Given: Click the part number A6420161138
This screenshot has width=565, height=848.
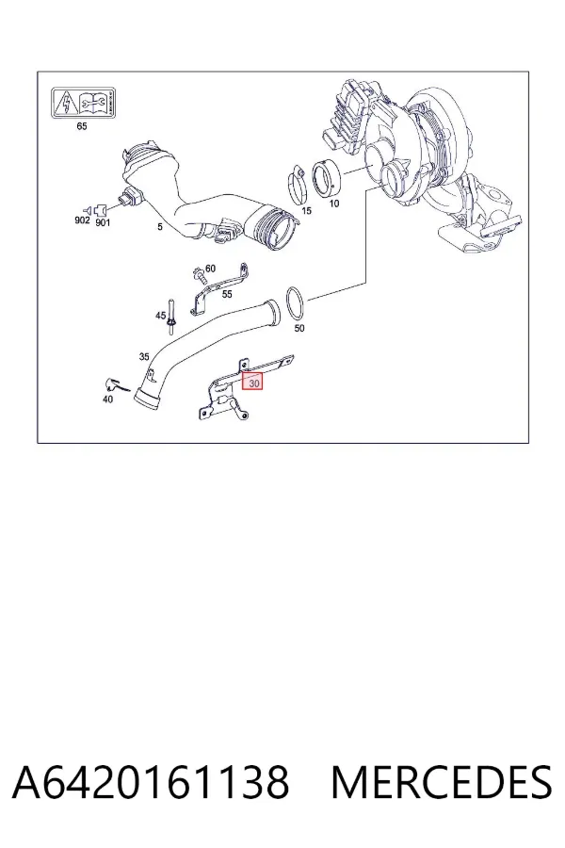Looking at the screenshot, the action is pyautogui.click(x=151, y=782).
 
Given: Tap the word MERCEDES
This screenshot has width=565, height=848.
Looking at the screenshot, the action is pyautogui.click(x=442, y=782).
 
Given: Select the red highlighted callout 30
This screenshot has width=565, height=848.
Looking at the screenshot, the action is pyautogui.click(x=252, y=383).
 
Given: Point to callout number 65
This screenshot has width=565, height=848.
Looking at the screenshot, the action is pyautogui.click(x=82, y=126).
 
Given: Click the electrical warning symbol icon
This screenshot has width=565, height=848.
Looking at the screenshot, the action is pyautogui.click(x=66, y=102).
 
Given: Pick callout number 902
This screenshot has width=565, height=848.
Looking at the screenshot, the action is pyautogui.click(x=82, y=220).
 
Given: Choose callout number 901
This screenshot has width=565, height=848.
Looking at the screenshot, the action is pyautogui.click(x=103, y=222).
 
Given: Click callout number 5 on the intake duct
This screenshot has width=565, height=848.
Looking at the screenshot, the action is pyautogui.click(x=159, y=226).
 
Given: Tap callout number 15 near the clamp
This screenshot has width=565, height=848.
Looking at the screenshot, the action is pyautogui.click(x=307, y=210).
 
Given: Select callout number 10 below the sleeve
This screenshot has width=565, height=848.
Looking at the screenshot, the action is pyautogui.click(x=334, y=204).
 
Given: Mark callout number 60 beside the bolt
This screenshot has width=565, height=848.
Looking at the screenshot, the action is pyautogui.click(x=210, y=269).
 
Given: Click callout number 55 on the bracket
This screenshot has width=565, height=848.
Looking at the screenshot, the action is pyautogui.click(x=227, y=294).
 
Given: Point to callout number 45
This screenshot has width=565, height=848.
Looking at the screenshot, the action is pyautogui.click(x=161, y=316).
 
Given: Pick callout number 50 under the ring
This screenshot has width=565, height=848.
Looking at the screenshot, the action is pyautogui.click(x=299, y=328).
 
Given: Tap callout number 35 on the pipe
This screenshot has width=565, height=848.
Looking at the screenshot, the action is pyautogui.click(x=144, y=356).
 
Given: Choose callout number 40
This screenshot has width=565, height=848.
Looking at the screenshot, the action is pyautogui.click(x=107, y=400).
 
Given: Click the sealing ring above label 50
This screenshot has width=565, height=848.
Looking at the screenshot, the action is pyautogui.click(x=287, y=304).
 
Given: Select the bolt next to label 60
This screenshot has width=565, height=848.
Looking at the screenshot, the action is pyautogui.click(x=199, y=275).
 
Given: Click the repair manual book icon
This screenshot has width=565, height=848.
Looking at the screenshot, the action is pyautogui.click(x=93, y=102).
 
